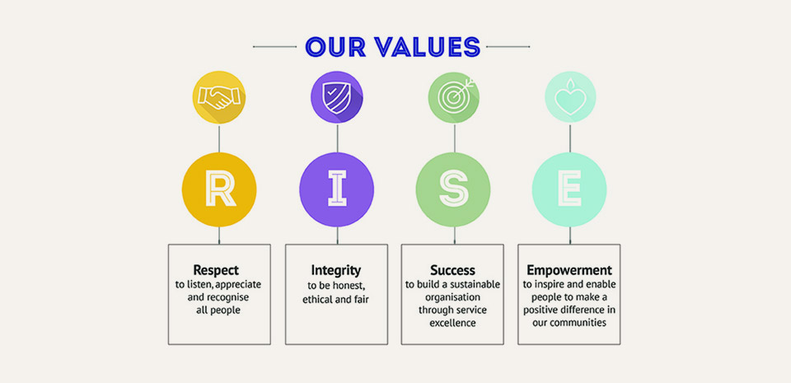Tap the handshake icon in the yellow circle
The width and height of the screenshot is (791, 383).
click(218, 97)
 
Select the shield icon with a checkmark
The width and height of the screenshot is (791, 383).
click(335, 97)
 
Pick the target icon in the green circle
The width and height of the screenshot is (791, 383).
click(452, 97)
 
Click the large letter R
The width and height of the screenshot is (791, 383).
click(219, 189)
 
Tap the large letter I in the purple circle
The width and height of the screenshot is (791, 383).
click(336, 189)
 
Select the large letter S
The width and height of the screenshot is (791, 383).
click(453, 189)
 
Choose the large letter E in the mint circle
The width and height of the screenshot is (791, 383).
click(569, 189)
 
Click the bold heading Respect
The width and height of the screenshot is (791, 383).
click(216, 270)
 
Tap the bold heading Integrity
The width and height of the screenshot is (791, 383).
click(336, 270)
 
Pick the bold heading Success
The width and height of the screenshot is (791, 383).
click(452, 270)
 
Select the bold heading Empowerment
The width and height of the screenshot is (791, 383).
click(569, 270)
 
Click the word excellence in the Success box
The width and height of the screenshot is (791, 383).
click(452, 323)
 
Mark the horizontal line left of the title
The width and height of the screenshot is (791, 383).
click(274, 47)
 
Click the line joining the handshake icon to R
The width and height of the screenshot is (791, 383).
click(219, 137)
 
